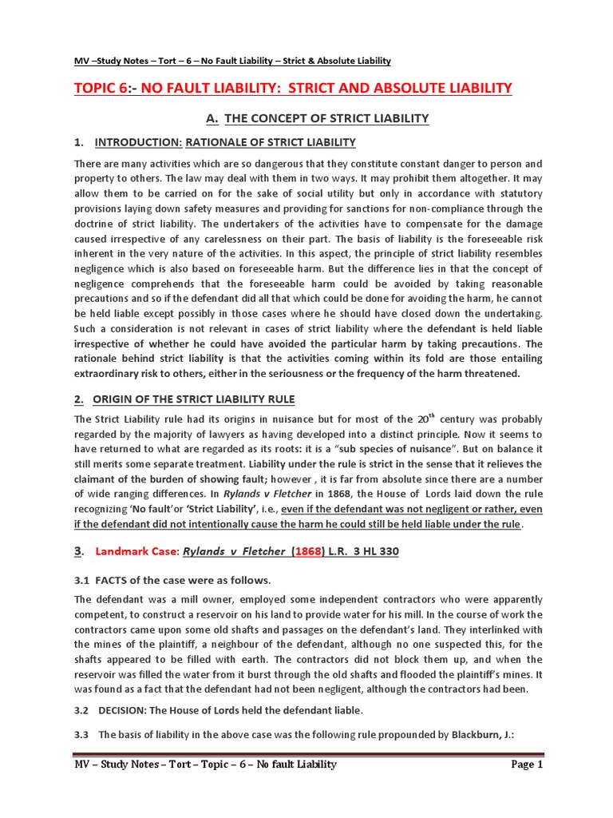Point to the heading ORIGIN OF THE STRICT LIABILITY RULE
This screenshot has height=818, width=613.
coord(194,399)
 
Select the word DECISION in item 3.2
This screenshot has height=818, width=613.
coord(127,709)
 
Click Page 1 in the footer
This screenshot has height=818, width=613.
coord(526,764)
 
